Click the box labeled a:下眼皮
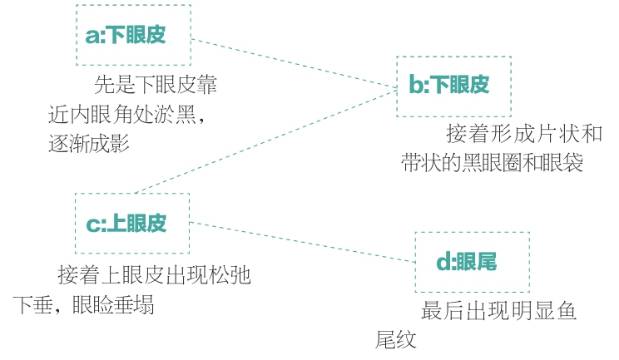click(x=133, y=35)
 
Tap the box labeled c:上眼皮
click(x=132, y=223)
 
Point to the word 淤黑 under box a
click(x=175, y=115)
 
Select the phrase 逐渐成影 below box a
click(x=90, y=143)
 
